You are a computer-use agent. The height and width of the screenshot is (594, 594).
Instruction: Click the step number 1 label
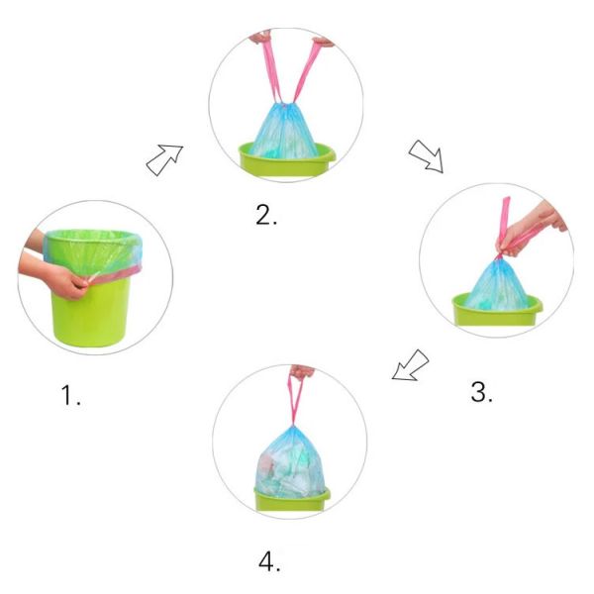[71, 395]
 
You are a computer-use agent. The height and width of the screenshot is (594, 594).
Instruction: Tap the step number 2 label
[266, 215]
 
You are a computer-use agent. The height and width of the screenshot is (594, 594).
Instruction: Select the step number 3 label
[481, 392]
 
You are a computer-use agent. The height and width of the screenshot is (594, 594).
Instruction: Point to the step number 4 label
[269, 561]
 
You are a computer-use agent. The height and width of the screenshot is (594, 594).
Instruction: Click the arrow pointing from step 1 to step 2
[164, 159]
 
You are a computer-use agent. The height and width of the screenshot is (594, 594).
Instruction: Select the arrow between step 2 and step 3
[426, 156]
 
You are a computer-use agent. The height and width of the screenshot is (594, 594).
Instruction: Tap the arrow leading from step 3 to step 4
[410, 364]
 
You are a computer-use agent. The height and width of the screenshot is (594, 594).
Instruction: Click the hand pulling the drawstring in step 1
[56, 274]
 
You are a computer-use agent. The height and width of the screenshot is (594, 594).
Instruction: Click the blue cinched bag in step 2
[284, 131]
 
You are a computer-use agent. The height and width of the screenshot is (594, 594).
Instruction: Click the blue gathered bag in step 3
[497, 284]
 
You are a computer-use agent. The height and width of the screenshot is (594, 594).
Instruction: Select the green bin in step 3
[497, 310]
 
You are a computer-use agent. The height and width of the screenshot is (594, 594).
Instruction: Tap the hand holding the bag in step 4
[302, 372]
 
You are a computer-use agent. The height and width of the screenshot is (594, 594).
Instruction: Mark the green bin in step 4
[292, 500]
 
